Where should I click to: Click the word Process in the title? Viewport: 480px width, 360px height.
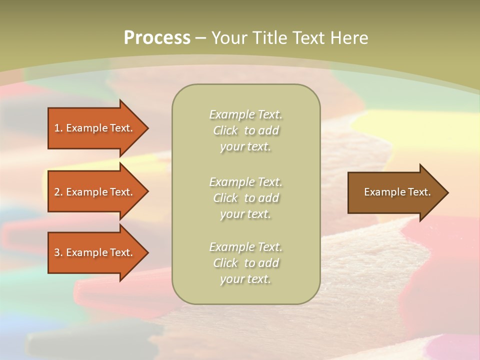(157, 38)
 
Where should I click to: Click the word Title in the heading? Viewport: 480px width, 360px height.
(269, 38)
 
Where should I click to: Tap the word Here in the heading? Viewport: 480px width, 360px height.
(349, 38)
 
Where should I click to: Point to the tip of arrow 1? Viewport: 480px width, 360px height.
(147, 128)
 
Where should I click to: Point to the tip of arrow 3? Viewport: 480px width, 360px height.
(147, 252)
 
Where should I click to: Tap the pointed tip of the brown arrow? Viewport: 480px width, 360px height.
(447, 192)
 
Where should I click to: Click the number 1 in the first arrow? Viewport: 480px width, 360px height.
(57, 128)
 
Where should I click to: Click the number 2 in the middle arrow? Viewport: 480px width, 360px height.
(57, 192)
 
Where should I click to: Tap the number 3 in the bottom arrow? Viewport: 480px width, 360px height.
(57, 252)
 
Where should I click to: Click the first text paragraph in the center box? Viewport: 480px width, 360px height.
(245, 130)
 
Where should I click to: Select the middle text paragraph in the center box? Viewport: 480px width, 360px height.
(245, 198)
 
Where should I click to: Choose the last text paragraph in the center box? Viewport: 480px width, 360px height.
(245, 263)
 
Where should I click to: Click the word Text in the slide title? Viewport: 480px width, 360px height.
(309, 38)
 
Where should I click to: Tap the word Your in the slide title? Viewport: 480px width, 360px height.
(230, 38)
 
